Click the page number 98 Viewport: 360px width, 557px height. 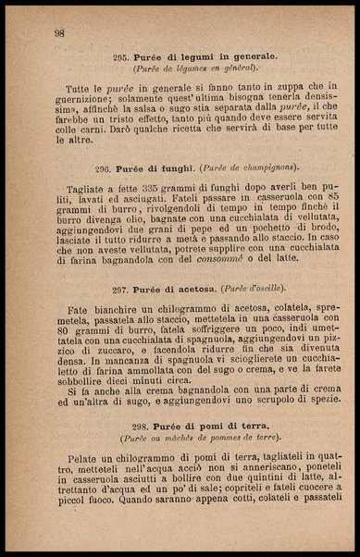pyautogui.click(x=59, y=33)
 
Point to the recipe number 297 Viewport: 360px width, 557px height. pyautogui.click(x=119, y=290)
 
